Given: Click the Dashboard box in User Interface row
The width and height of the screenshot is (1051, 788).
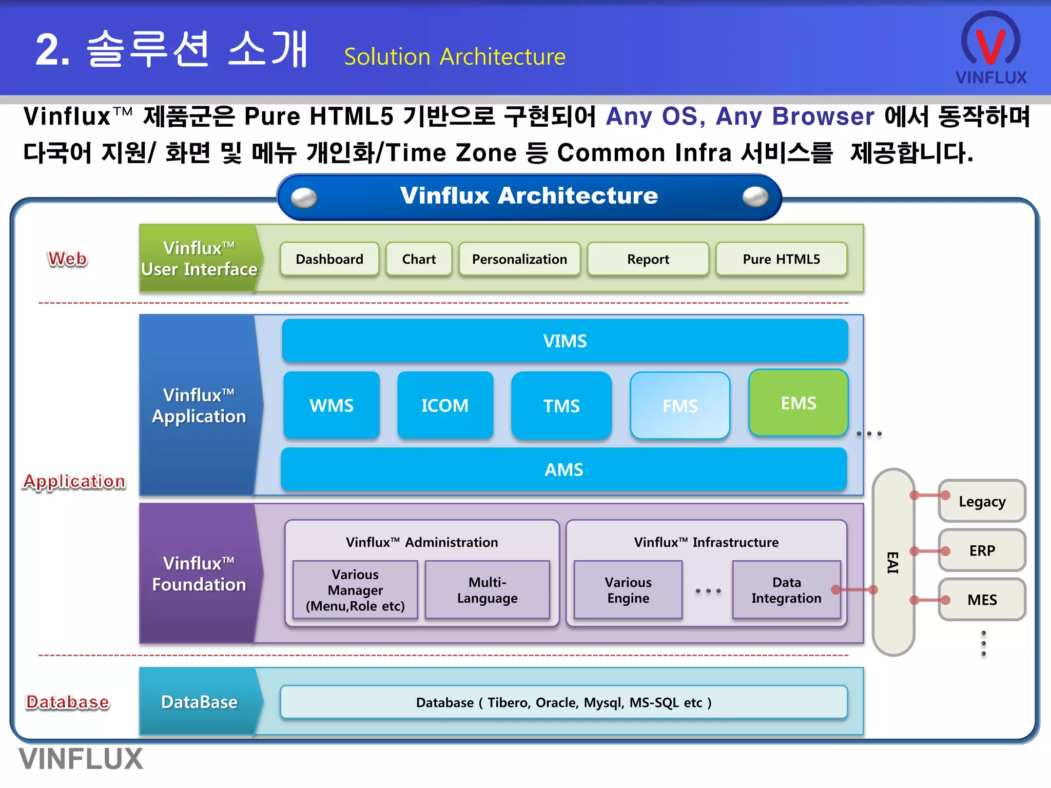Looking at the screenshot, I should click(x=329, y=259).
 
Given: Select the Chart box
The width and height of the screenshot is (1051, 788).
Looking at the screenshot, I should click(x=419, y=259).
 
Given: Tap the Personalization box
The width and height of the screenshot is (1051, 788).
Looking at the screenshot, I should click(x=519, y=259).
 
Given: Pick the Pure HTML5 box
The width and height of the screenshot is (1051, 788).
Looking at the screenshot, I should click(x=781, y=259).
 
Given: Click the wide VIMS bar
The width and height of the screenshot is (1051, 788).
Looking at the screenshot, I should click(x=565, y=341).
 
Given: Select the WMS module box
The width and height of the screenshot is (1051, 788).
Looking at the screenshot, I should click(x=332, y=405).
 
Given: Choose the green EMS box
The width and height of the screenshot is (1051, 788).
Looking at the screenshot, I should click(x=798, y=403).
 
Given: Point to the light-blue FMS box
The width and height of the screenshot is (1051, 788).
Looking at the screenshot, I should click(x=680, y=406).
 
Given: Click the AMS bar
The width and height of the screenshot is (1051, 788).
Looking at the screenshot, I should click(x=563, y=469).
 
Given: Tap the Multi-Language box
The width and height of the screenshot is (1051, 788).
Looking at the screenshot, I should click(x=487, y=590).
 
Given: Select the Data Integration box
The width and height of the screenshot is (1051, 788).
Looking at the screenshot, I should click(x=786, y=590).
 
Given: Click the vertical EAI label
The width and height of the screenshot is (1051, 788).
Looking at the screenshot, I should click(x=893, y=562).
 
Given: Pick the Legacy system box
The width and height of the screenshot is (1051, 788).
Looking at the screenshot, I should click(x=982, y=501).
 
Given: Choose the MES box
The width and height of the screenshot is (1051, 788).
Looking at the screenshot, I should click(x=982, y=600).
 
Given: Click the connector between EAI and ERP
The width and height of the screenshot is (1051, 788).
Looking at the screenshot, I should click(x=929, y=551).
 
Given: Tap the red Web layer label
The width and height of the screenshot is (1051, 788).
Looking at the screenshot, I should click(x=67, y=259).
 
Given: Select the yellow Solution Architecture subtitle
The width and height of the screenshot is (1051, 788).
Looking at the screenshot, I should click(x=455, y=56).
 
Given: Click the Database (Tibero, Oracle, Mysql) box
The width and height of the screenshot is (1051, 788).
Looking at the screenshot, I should click(x=563, y=702).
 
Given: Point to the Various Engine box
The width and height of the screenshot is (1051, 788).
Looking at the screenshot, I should click(x=628, y=590).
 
